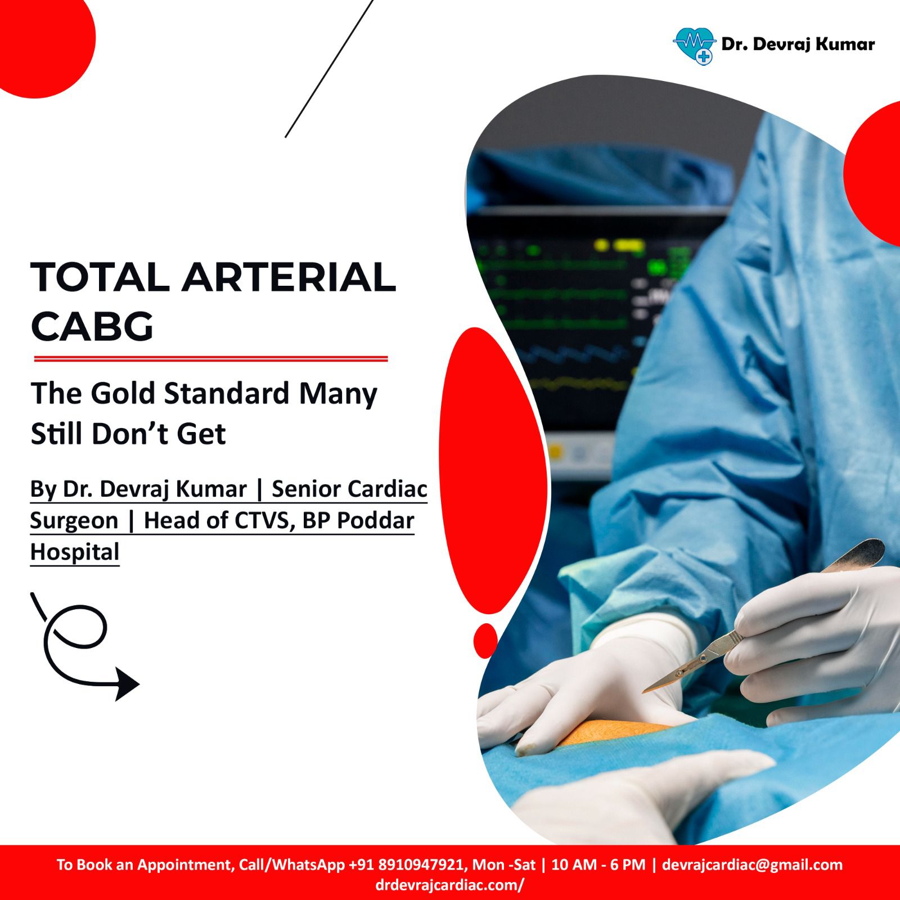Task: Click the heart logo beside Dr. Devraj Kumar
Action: pos(694,46)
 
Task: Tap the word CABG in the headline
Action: pos(92,326)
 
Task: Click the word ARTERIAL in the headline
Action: pos(289,277)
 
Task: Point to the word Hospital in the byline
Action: pos(75,552)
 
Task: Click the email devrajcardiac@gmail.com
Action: pos(752,865)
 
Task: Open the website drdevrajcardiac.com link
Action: pos(449,885)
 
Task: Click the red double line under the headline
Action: pos(211,358)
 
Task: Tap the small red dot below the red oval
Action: pos(485,640)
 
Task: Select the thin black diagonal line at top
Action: pos(329,69)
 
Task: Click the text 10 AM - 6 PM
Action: pos(598,865)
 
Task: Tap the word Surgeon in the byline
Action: pos(74,520)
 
